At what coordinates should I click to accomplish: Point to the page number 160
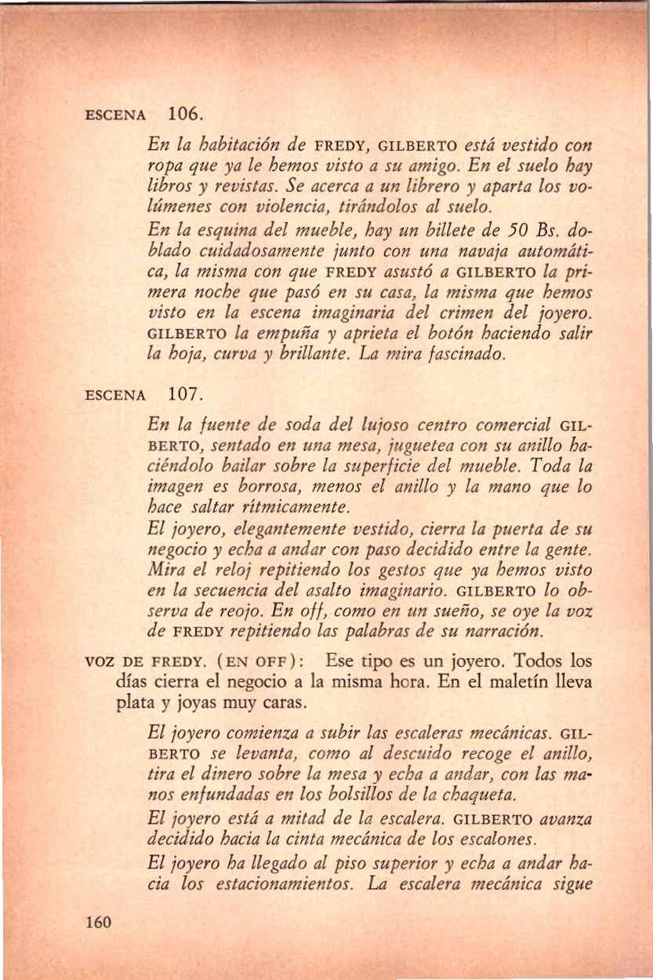click(x=101, y=921)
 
